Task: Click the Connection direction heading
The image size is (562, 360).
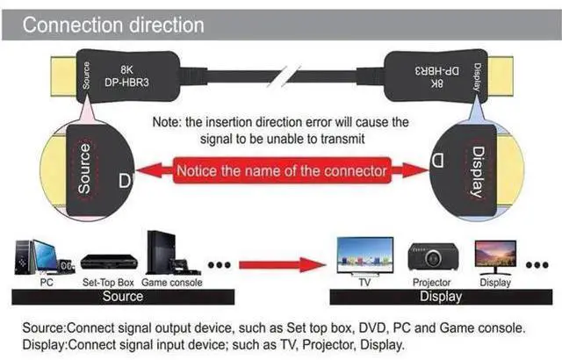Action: pyautogui.click(x=113, y=25)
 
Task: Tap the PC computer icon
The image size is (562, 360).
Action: pyautogui.click(x=45, y=257)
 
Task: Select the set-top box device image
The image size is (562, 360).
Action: pyautogui.click(x=109, y=263)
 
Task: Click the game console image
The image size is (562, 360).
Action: pyautogui.click(x=173, y=253)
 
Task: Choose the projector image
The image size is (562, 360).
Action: pyautogui.click(x=433, y=256)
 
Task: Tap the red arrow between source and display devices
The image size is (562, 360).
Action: pyautogui.click(x=283, y=265)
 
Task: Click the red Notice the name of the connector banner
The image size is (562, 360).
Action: pyautogui.click(x=282, y=170)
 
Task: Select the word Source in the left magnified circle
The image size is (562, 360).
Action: pyautogui.click(x=84, y=169)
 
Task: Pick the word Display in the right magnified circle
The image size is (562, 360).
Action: pyautogui.click(x=477, y=171)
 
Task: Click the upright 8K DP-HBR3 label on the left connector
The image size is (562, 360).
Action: pyautogui.click(x=126, y=76)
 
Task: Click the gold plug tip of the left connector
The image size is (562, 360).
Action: pyautogui.click(x=63, y=76)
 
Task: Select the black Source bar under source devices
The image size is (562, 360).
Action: pyautogui.click(x=123, y=297)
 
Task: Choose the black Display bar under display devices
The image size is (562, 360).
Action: pyautogui.click(x=441, y=297)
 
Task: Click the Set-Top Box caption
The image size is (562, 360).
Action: pyautogui.click(x=108, y=283)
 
